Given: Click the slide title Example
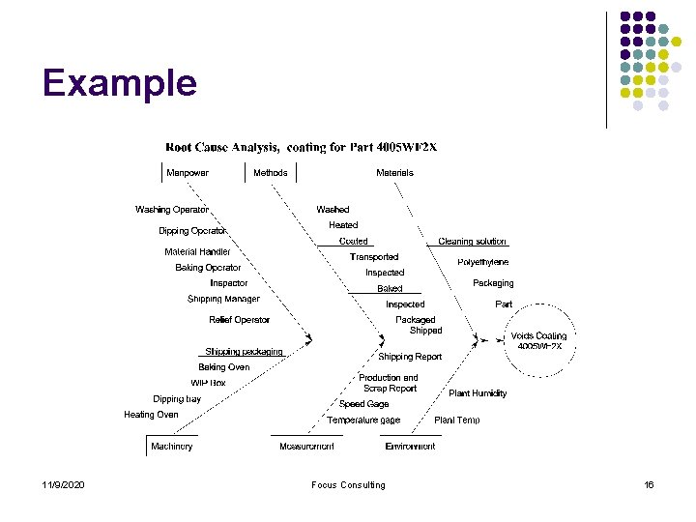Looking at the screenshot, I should [x=120, y=83].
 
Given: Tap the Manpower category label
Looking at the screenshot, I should [x=187, y=173].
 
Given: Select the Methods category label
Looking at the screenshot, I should [x=270, y=173].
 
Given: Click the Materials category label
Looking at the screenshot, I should [x=394, y=173].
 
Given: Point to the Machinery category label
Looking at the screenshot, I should [x=171, y=447].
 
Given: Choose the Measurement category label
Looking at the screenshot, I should [x=306, y=447].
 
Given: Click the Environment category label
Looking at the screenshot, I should [x=410, y=447].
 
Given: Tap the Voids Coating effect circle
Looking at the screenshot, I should [x=538, y=340].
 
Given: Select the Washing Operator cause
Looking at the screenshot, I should [x=172, y=210].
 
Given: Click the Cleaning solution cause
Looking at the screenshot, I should [x=472, y=242].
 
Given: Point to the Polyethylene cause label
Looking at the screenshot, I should [x=482, y=262].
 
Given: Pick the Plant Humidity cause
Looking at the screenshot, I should [x=478, y=393].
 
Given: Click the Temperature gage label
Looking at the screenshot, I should [x=363, y=420].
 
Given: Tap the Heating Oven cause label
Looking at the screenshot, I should [x=151, y=415].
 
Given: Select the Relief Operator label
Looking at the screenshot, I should [x=239, y=320].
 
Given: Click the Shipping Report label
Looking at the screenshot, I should [x=410, y=357].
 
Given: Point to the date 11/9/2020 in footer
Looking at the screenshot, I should [x=63, y=485].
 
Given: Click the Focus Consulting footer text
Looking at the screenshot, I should [x=348, y=485].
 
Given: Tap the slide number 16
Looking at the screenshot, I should [x=649, y=485].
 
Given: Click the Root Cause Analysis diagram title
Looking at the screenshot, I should [x=301, y=148].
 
